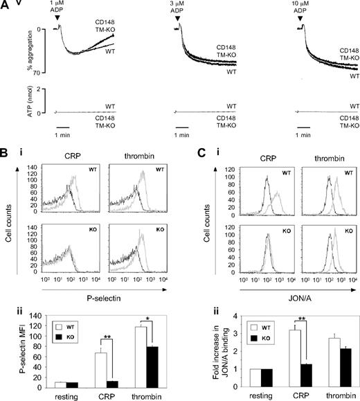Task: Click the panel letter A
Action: pyautogui.click(x=6, y=5)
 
